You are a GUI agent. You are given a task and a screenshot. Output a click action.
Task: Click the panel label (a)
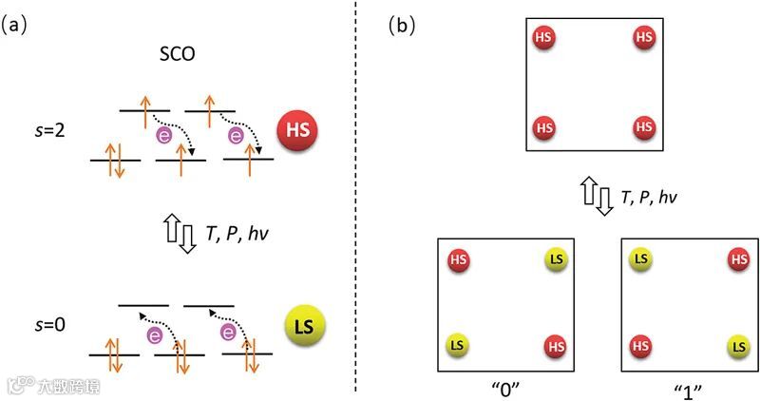(19, 25)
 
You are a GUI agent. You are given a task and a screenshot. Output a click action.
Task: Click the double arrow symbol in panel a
(179, 232)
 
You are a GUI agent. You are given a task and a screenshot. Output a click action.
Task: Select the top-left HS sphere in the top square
(543, 38)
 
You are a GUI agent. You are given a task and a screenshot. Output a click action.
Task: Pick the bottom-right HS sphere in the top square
(643, 126)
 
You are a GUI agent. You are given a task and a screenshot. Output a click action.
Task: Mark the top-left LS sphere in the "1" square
(640, 258)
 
